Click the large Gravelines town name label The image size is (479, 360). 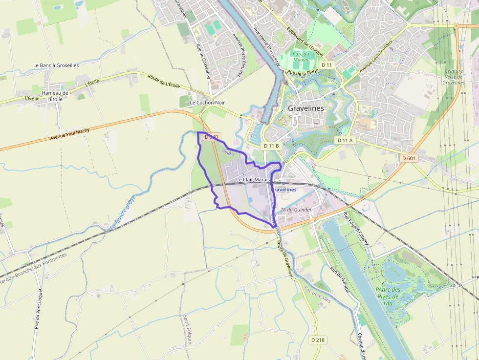pos(305,108)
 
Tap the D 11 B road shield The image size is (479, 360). pos(271,146)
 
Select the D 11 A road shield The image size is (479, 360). pos(345,140)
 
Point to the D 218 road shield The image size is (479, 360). pos(318,339)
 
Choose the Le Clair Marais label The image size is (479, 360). pos(253,180)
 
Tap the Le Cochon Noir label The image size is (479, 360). pos(207,103)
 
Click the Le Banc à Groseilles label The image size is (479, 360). pos(56,65)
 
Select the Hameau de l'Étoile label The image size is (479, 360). pos(55,96)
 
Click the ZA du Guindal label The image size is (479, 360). pos(295,210)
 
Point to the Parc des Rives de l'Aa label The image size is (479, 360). pos(389,296)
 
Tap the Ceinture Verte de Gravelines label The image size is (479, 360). pos(453,77)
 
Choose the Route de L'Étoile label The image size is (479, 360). pos(164,82)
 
